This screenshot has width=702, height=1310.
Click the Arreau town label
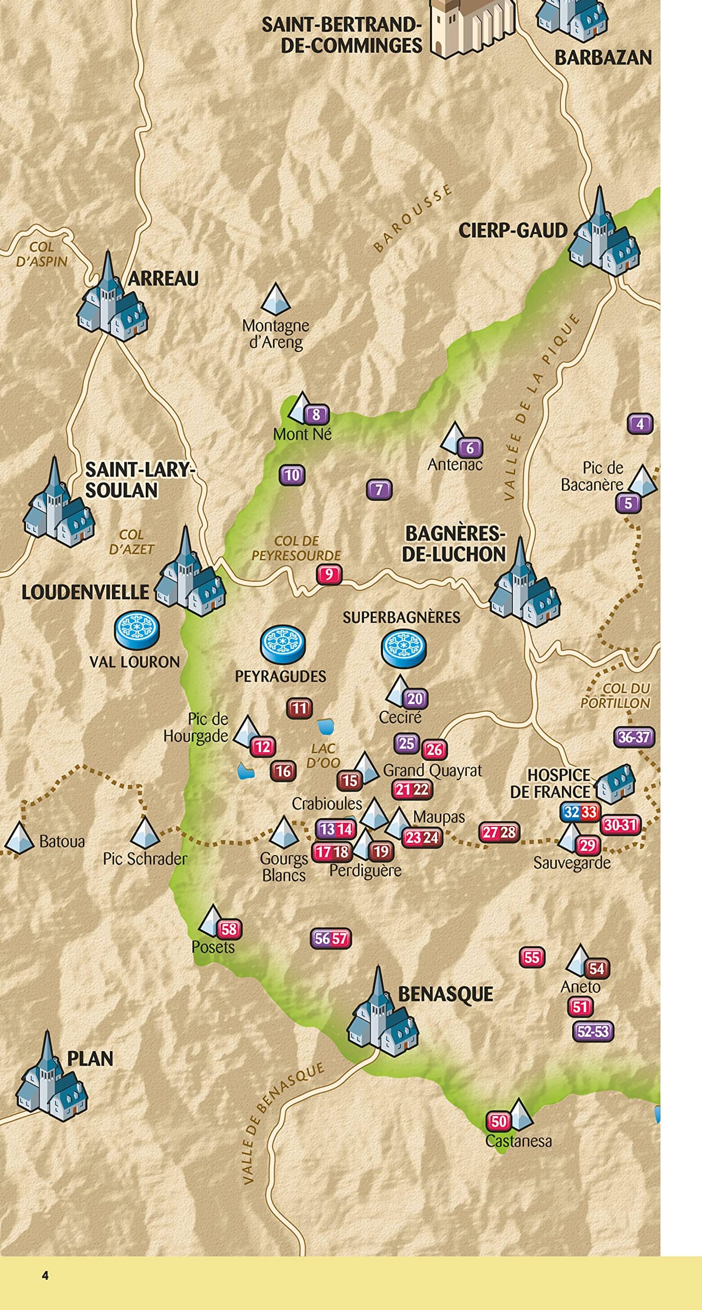click(x=163, y=279)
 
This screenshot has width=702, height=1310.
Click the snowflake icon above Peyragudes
click(x=283, y=645)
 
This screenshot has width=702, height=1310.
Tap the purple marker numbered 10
click(x=292, y=475)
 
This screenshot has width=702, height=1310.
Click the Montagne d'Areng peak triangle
click(x=276, y=299)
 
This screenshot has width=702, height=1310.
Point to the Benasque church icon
click(x=382, y=1012)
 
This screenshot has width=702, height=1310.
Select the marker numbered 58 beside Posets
click(x=229, y=929)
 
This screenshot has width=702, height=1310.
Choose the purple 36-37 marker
click(x=633, y=737)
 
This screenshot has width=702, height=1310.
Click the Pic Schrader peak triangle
click(x=145, y=833)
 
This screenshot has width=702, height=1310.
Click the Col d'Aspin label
click(x=42, y=254)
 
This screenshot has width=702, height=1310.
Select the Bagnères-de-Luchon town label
click(x=454, y=544)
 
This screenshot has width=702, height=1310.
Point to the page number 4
click(x=45, y=1275)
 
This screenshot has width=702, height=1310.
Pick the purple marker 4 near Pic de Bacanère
click(x=640, y=424)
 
